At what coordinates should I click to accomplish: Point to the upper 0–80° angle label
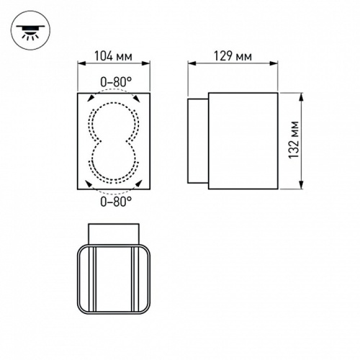[x=115, y=82]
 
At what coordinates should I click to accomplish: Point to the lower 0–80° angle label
[x=115, y=202]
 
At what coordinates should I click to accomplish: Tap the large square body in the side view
[x=242, y=141]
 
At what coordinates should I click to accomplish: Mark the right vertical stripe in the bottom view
[x=134, y=281]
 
